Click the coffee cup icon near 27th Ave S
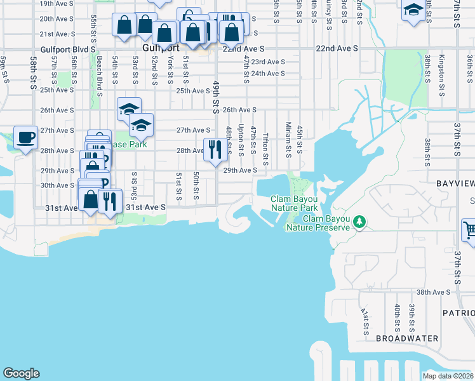click(25, 138)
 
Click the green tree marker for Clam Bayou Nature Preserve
click(360, 221)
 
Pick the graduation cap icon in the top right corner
click(413, 11)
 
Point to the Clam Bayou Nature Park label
click(294, 203)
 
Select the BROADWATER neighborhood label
click(406, 338)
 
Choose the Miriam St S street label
click(288, 138)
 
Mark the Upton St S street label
click(241, 140)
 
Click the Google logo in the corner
click(21, 373)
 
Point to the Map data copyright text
click(447, 376)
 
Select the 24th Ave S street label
click(267, 74)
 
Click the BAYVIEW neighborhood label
click(455, 182)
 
